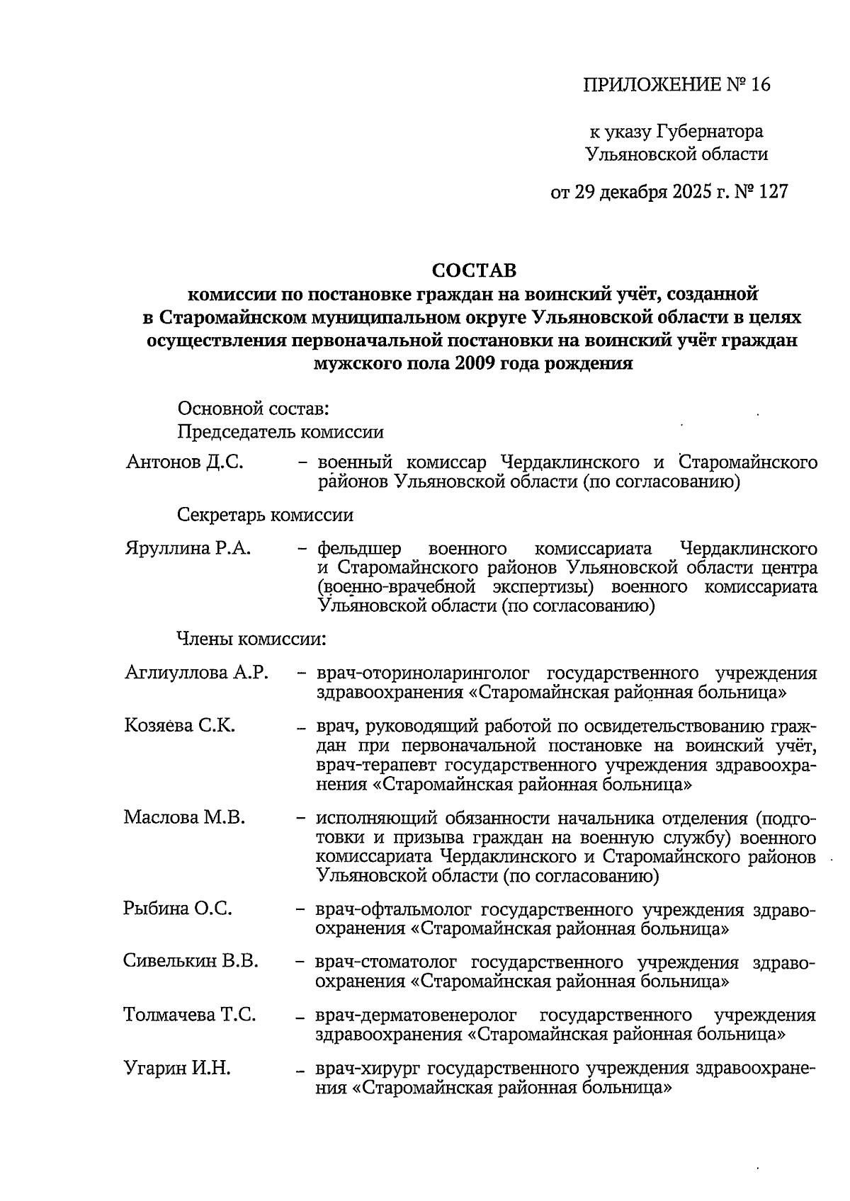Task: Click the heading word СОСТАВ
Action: coord(474,271)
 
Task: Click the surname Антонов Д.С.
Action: coord(184,463)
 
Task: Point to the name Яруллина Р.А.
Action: coord(188,549)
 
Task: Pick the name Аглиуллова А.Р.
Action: coord(196,672)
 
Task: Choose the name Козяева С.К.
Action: coord(180,726)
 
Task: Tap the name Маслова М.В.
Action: coord(184,818)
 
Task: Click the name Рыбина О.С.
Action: coord(178,909)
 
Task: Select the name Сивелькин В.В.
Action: coord(191,961)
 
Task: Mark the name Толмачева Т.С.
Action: coord(190,1015)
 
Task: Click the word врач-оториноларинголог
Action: coord(423,673)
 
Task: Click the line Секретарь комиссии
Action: coord(265,516)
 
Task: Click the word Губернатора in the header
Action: coord(710,132)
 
